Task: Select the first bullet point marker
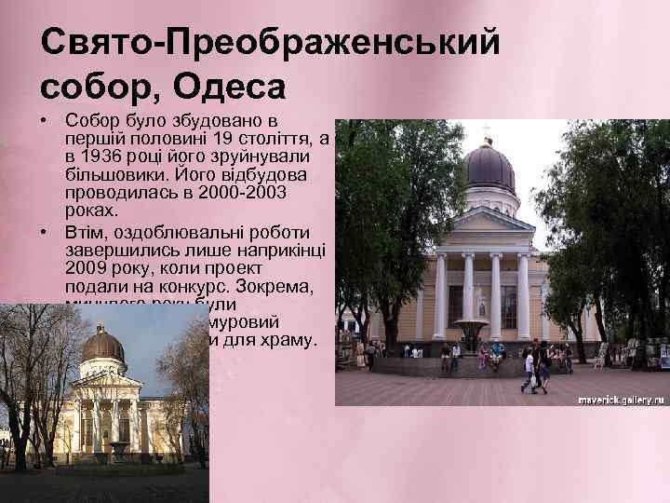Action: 45,122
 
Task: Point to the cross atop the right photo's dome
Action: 487,129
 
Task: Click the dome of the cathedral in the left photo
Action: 103,346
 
